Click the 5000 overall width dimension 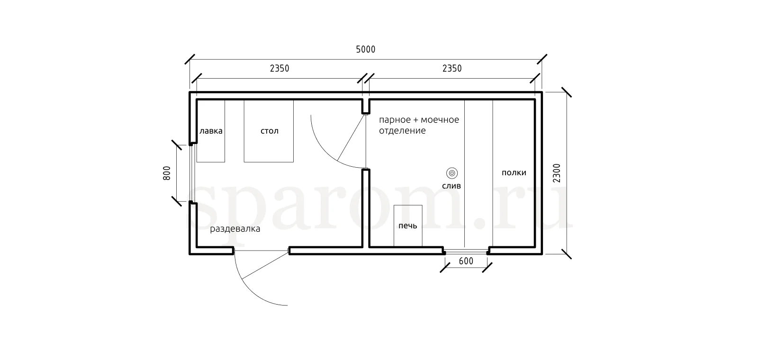click(x=365, y=50)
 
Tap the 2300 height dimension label click(x=557, y=173)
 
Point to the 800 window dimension click(x=167, y=173)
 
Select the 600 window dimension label click(x=466, y=261)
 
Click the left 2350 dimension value click(x=280, y=69)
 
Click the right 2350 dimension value click(x=452, y=69)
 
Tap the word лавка click(x=211, y=131)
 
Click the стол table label click(x=270, y=131)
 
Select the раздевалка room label click(x=235, y=229)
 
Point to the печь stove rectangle click(x=408, y=225)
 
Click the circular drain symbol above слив click(x=452, y=173)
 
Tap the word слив click(x=451, y=186)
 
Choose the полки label click(x=514, y=173)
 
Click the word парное click(x=395, y=120)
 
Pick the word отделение click(x=402, y=131)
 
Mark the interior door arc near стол click(x=325, y=151)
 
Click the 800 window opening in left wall click(x=191, y=173)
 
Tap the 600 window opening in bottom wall click(x=466, y=252)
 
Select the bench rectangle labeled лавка click(x=211, y=131)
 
